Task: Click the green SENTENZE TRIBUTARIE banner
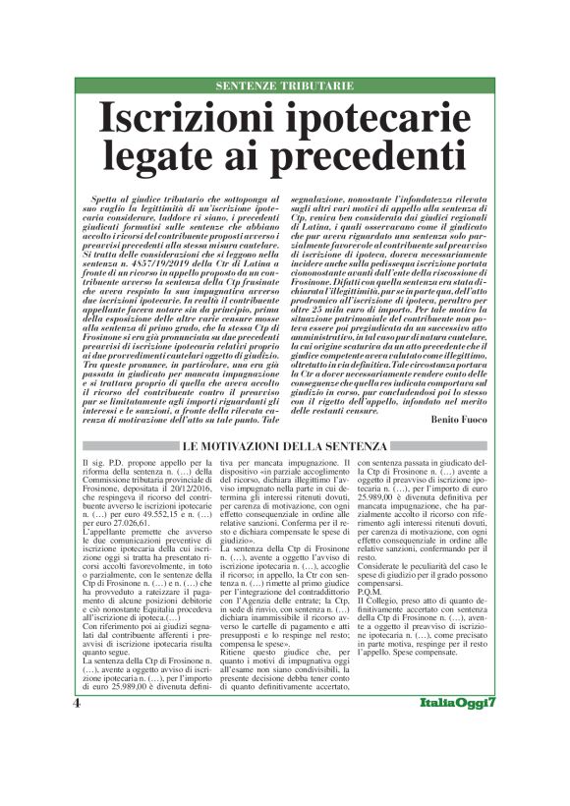(284, 86)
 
